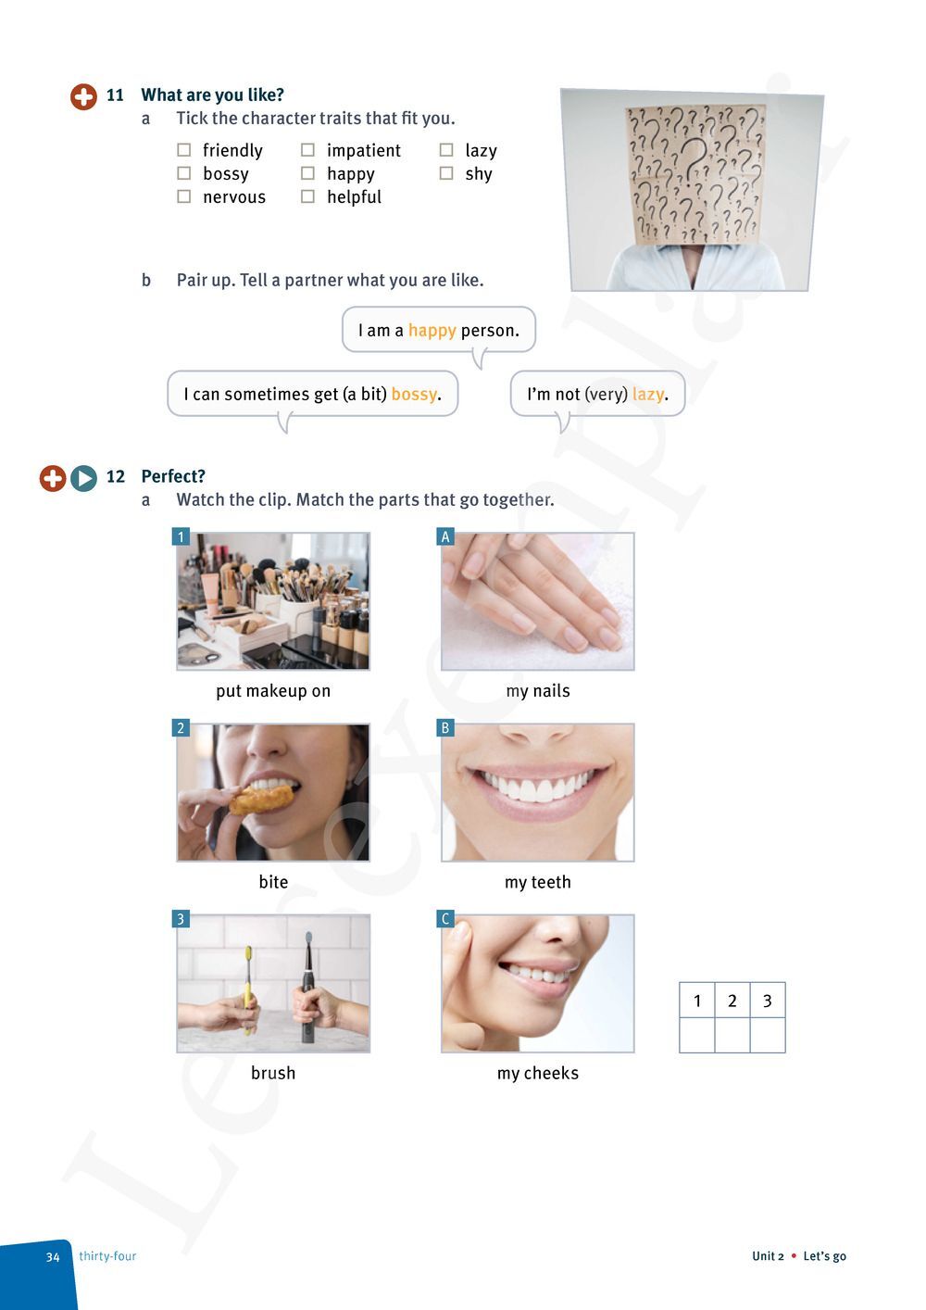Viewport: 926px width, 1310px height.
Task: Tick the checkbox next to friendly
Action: (x=183, y=150)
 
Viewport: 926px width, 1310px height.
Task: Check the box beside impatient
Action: (x=307, y=150)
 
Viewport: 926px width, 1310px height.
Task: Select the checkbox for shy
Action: (x=446, y=173)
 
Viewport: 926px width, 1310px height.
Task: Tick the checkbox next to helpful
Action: (x=307, y=196)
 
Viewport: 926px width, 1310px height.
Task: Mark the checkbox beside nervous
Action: (x=183, y=196)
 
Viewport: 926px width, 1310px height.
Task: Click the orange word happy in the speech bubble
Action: (x=432, y=331)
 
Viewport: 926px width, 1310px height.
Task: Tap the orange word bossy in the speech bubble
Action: (x=414, y=394)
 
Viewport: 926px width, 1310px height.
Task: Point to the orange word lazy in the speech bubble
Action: (x=647, y=394)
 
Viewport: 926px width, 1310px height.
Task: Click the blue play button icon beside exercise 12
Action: (x=83, y=478)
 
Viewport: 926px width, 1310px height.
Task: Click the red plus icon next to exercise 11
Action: (x=83, y=96)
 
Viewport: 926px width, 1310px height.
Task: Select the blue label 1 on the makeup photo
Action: (x=181, y=536)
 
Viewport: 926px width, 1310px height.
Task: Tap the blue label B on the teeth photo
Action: (x=445, y=728)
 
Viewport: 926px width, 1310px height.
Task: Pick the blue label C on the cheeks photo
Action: (x=445, y=919)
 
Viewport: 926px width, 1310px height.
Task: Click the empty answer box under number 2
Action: (x=732, y=1035)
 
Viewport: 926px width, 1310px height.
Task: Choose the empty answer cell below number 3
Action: (x=767, y=1035)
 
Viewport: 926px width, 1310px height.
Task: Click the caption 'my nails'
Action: (x=538, y=691)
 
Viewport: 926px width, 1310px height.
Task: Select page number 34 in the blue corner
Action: (x=53, y=1257)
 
